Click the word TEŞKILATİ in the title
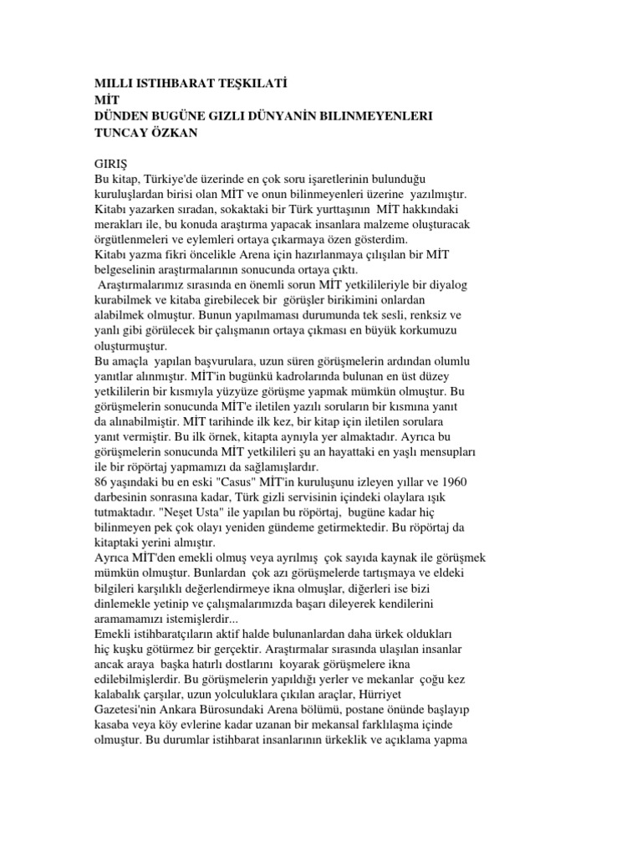click(237, 84)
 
